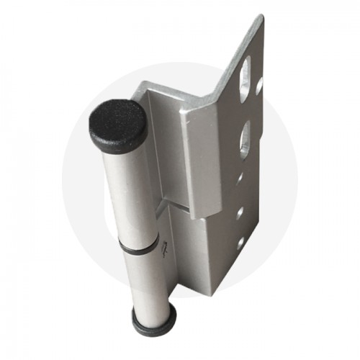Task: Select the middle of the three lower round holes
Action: tap(240, 212)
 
